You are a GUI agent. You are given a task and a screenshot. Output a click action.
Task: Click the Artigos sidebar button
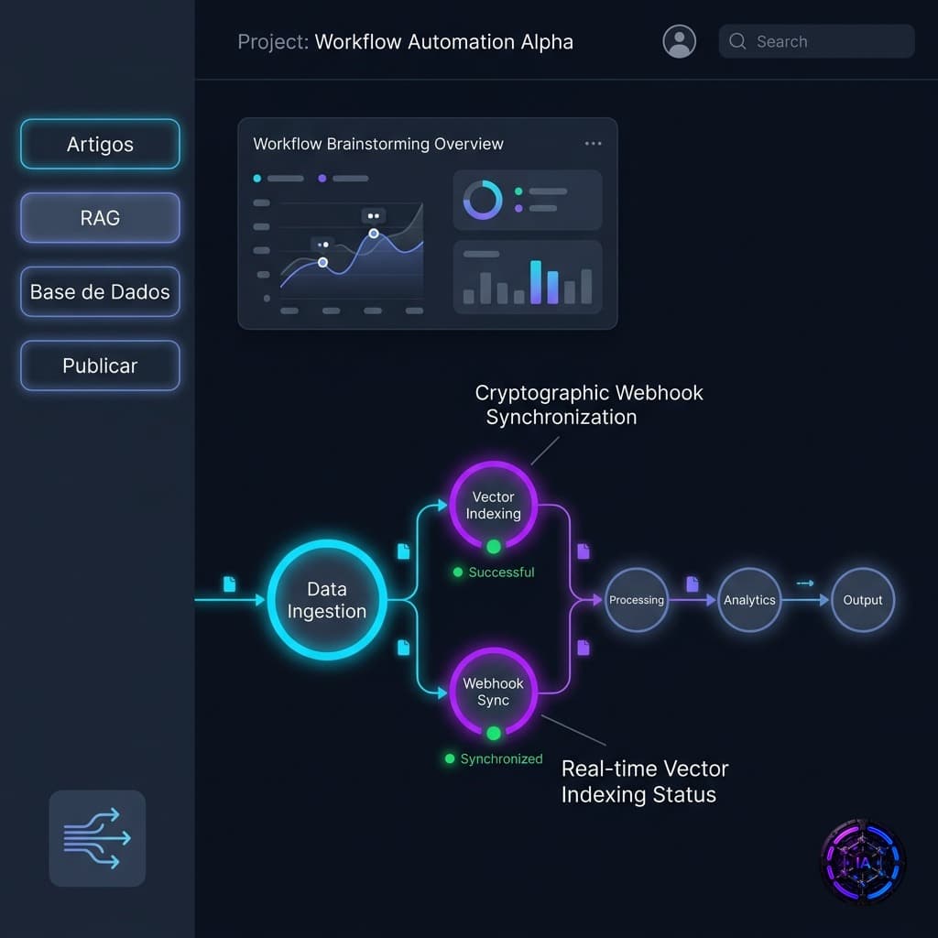coord(100,144)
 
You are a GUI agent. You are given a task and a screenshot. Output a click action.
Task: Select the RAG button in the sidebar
coord(100,218)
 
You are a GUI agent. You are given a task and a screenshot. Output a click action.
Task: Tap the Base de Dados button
coord(100,292)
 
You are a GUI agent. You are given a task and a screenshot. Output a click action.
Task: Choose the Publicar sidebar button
coord(100,365)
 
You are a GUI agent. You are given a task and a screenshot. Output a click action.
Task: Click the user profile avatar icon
coord(679,41)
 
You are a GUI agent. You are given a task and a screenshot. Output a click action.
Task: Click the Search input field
coord(816,41)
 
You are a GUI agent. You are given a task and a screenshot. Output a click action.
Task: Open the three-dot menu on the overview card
coord(593,144)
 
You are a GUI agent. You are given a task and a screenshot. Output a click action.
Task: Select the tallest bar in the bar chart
coord(535,282)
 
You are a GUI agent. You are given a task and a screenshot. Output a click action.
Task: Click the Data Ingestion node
coord(327,600)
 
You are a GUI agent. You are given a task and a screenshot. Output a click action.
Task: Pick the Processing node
coord(637,600)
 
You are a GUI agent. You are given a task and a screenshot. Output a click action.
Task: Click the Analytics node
coord(749,600)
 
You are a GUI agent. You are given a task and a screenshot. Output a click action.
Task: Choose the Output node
coord(863,600)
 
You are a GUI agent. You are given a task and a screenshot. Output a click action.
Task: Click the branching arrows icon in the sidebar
coord(97,838)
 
